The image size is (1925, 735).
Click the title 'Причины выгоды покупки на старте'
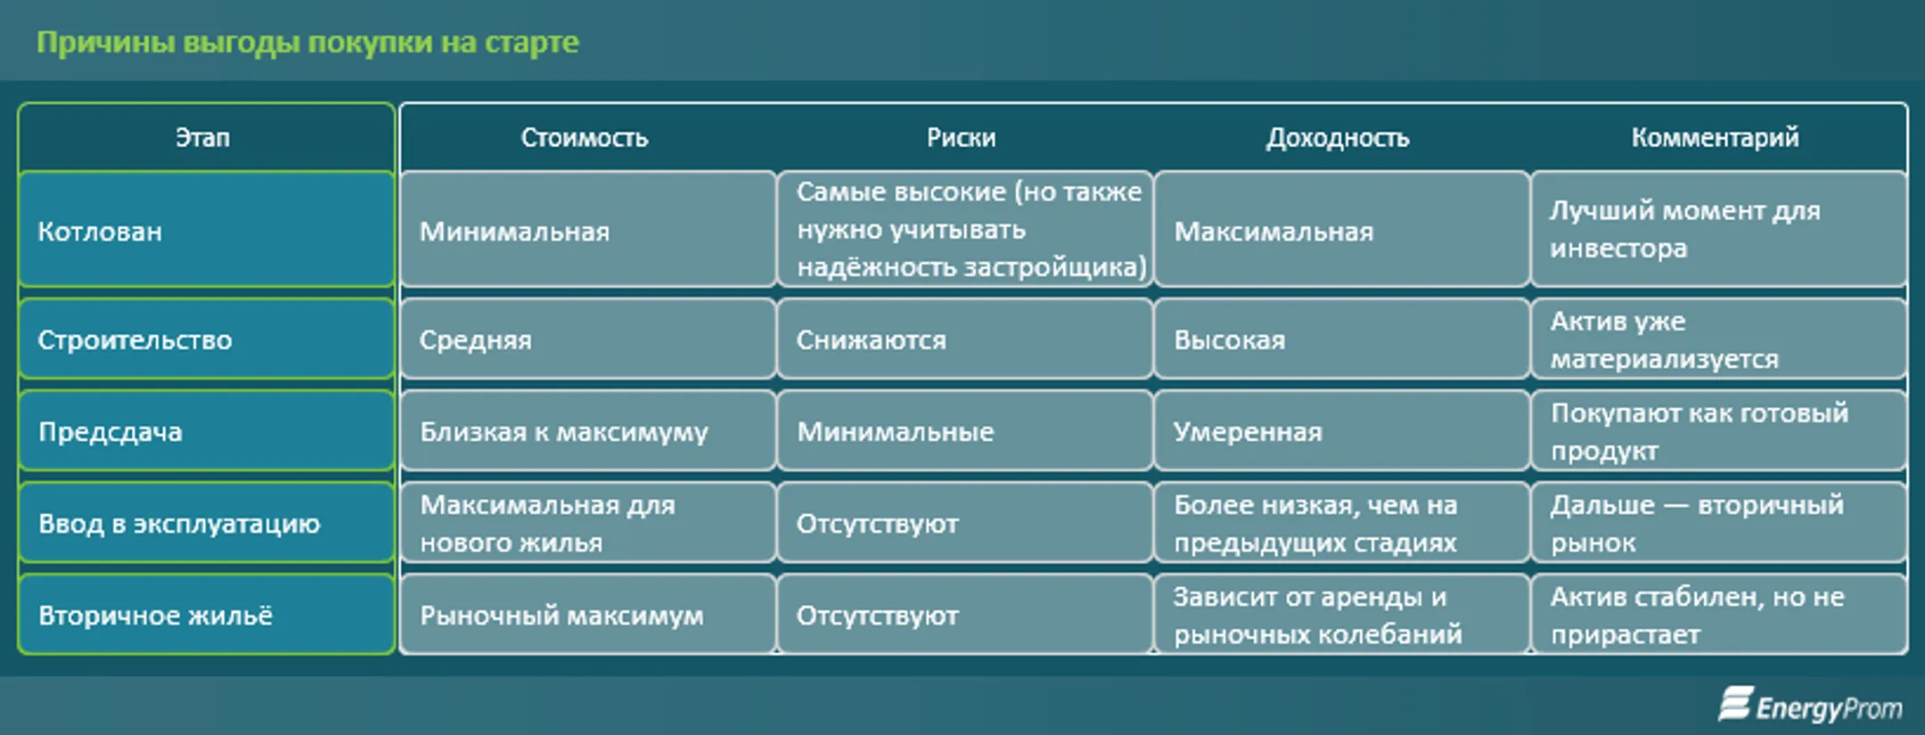pyautogui.click(x=307, y=42)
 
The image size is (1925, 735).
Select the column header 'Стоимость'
pyautogui.click(x=585, y=137)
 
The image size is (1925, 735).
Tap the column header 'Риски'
pyautogui.click(x=961, y=137)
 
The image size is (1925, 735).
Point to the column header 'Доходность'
pyautogui.click(x=1338, y=137)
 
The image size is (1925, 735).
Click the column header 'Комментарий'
pyautogui.click(x=1715, y=137)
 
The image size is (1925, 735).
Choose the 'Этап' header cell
pyautogui.click(x=203, y=137)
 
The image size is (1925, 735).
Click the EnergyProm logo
pyautogui.click(x=1810, y=706)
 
